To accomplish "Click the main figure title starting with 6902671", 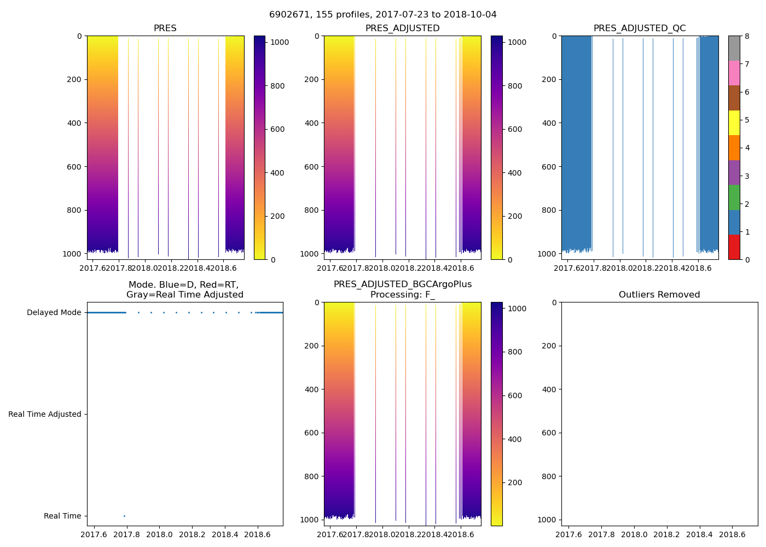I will point(383,15).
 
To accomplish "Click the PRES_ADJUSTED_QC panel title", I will point(640,28).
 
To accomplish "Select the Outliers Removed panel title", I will point(659,295).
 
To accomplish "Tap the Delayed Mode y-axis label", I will point(54,313).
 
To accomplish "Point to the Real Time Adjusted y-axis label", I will point(45,415).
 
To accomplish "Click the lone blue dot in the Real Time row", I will point(124,516).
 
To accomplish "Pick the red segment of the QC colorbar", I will point(734,247).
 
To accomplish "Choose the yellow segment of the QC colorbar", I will point(734,123).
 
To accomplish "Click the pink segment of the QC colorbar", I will point(734,73).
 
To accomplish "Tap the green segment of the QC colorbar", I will point(734,197).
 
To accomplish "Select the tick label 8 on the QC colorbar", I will point(747,36).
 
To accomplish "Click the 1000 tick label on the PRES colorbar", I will point(280,42).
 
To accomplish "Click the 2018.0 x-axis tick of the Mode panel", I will point(160,534).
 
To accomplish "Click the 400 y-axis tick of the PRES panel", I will point(74,123).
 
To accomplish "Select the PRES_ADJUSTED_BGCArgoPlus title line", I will point(403,284).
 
